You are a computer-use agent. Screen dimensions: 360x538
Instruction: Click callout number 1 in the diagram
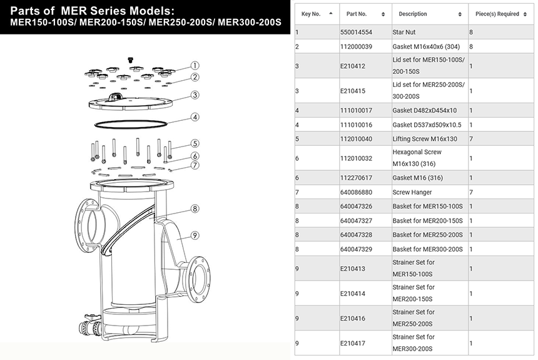click(x=195, y=65)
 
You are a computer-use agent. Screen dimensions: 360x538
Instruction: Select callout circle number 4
click(x=195, y=116)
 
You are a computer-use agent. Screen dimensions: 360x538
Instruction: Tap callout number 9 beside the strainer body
click(x=195, y=235)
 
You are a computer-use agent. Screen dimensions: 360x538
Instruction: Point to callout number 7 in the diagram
click(x=195, y=165)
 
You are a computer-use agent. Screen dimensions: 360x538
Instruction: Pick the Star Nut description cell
click(x=407, y=31)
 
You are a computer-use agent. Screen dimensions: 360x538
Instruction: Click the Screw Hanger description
click(x=410, y=192)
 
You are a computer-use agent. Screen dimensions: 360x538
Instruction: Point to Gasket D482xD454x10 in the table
click(x=425, y=110)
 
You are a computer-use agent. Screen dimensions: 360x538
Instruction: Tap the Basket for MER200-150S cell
click(x=427, y=220)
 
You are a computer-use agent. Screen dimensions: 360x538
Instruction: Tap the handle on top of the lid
click(x=116, y=95)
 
